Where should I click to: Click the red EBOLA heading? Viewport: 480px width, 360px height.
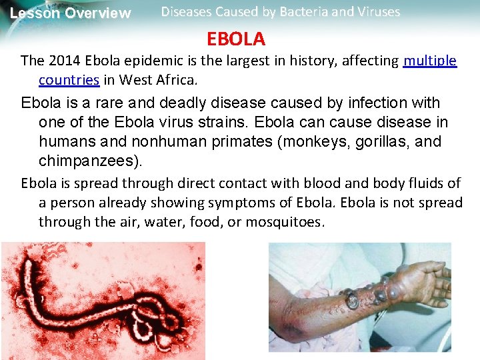tap(236, 39)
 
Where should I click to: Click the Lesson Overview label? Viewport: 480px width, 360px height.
tap(71, 13)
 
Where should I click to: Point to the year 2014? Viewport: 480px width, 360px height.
tap(61, 61)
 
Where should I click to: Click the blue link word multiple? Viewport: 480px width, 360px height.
tap(430, 61)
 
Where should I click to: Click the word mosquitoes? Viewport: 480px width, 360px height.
tap(285, 222)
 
